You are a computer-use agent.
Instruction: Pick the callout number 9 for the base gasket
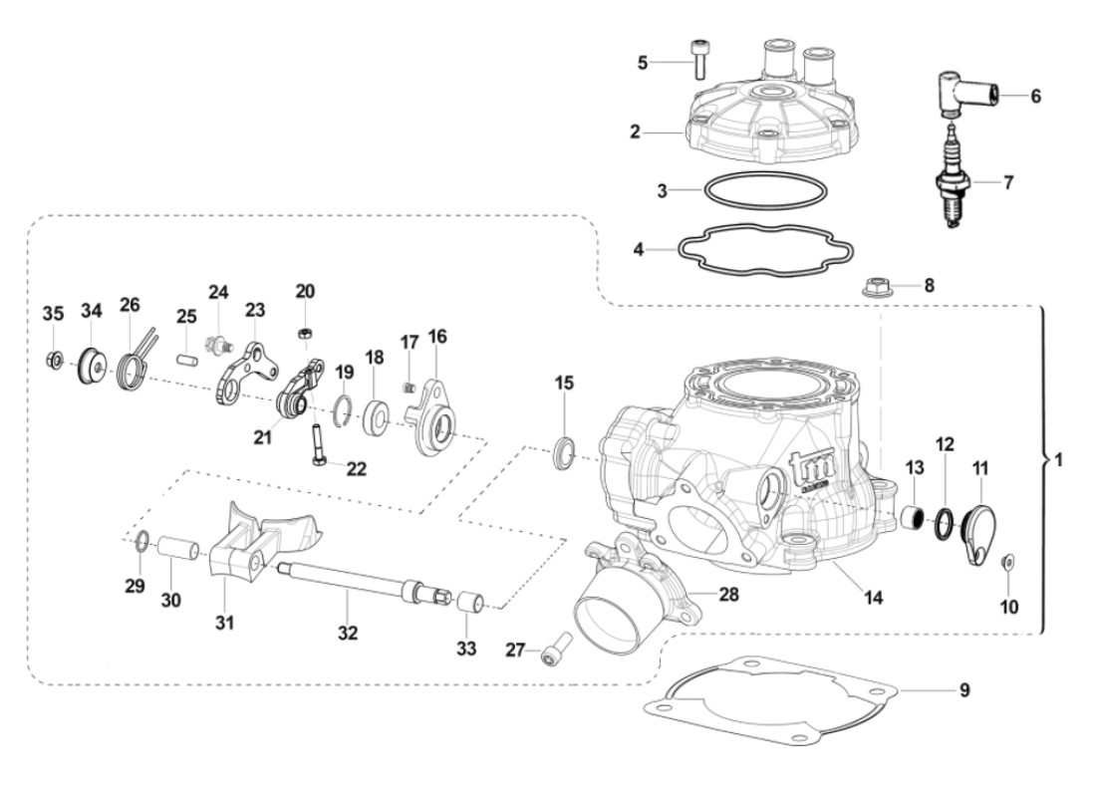963,688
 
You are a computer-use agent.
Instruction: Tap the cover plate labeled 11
974,526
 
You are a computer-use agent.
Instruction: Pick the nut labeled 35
56,360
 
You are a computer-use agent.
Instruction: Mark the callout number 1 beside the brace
1058,461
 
